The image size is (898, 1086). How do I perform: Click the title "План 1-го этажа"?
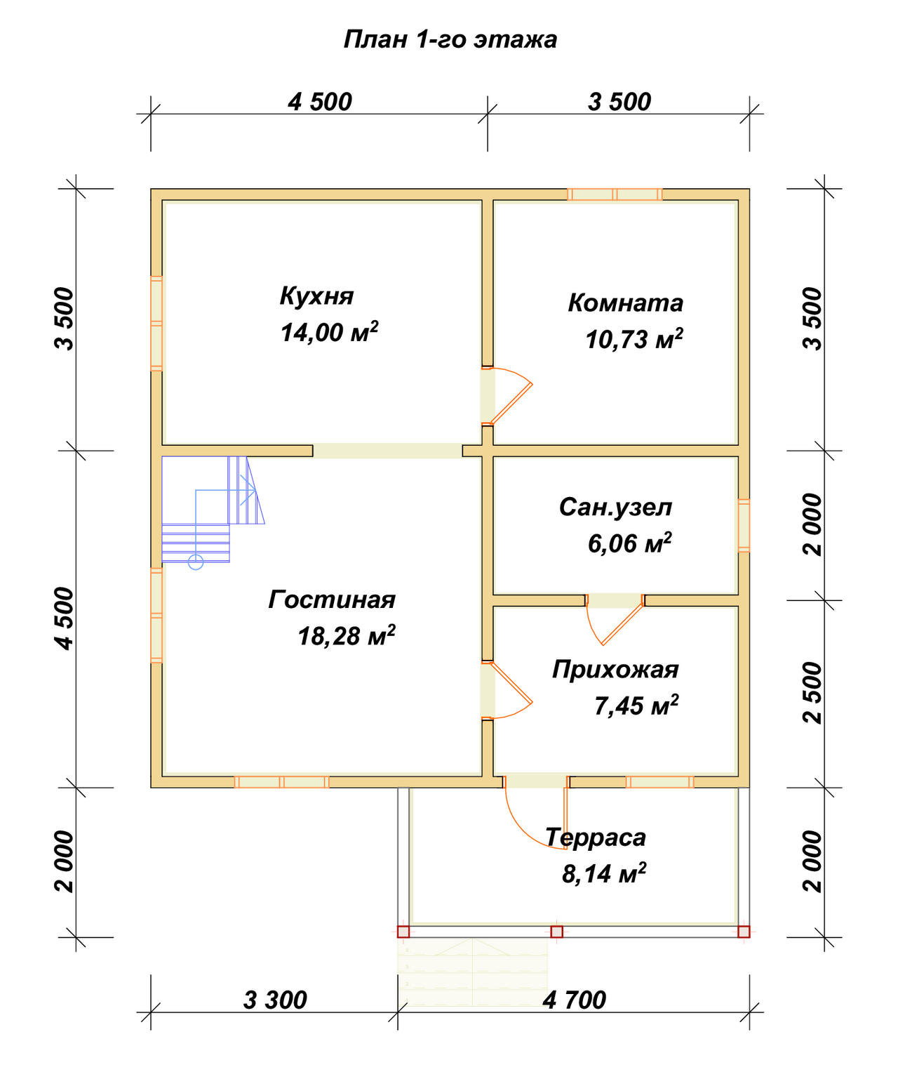coord(450,39)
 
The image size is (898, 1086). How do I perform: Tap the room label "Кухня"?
coord(316,296)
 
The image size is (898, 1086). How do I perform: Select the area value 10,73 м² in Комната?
coord(634,339)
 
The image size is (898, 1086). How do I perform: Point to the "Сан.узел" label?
coord(616,507)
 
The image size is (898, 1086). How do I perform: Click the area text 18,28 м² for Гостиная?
coord(347,635)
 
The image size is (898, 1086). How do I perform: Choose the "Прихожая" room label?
coord(615,670)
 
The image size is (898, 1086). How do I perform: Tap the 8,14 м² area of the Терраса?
coord(603,873)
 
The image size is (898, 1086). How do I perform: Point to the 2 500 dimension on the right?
coord(812,693)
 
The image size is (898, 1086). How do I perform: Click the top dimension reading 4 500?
coord(320,101)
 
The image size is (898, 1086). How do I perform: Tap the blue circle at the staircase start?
coord(196,562)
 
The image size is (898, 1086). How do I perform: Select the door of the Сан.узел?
coord(614,621)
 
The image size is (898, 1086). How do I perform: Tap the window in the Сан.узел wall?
coord(744,525)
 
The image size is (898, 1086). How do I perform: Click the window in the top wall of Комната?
coord(615,194)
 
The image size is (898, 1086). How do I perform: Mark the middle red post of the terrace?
coord(556,932)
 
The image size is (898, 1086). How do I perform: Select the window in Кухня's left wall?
coord(156,324)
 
